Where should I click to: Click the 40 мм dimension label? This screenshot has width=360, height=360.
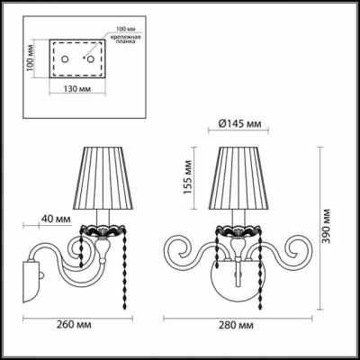(55, 217)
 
